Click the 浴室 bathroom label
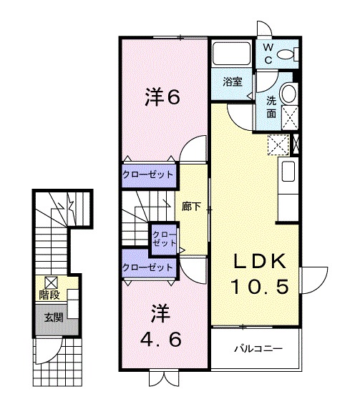click(x=231, y=82)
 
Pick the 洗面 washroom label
click(x=272, y=107)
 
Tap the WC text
click(x=268, y=54)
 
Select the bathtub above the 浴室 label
click(x=230, y=55)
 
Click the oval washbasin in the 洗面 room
click(x=288, y=93)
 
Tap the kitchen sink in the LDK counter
click(x=287, y=172)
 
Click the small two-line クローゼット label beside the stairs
click(x=165, y=238)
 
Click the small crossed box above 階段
click(x=51, y=282)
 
